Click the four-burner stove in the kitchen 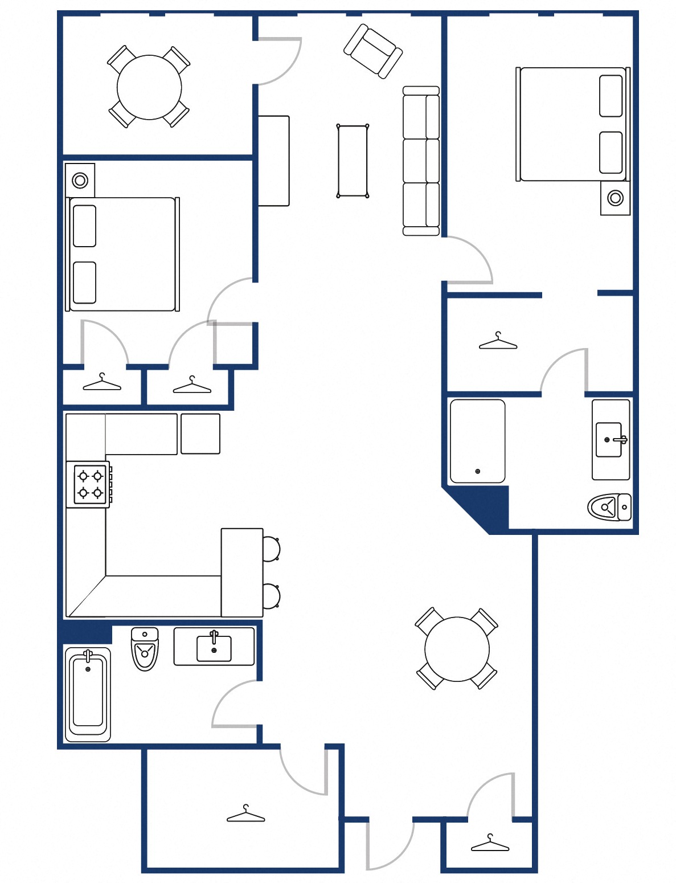[90, 484]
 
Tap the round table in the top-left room [149, 87]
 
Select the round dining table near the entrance [457, 649]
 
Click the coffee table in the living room [353, 161]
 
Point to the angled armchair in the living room [373, 51]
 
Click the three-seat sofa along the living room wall [421, 161]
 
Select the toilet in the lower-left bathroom [145, 649]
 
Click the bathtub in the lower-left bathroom [88, 694]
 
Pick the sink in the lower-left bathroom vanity [214, 648]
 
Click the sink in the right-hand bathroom [609, 440]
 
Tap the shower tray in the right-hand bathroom [477, 441]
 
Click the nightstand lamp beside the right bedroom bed [615, 198]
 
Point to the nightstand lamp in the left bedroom [80, 181]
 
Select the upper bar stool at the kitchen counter [271, 549]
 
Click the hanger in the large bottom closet [246, 816]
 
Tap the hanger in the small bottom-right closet [490, 844]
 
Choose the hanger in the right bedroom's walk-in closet [498, 342]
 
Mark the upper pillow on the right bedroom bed [611, 96]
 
